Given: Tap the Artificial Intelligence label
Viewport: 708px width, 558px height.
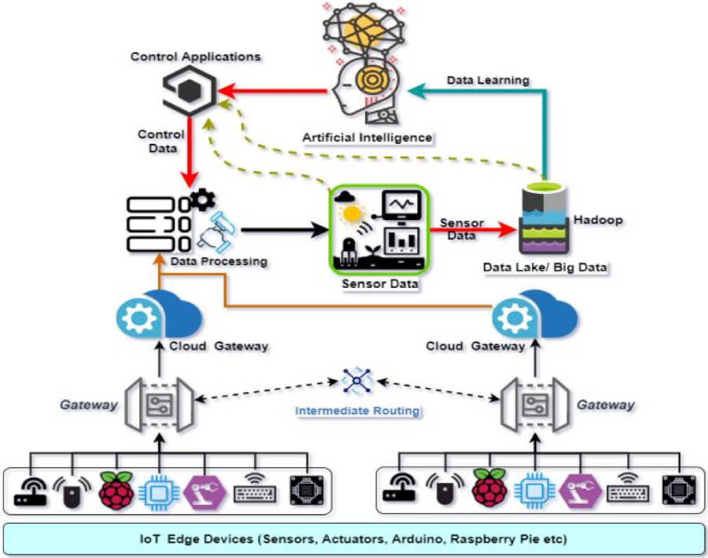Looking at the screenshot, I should click(368, 137).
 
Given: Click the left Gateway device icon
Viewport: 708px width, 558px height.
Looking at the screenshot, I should click(159, 405).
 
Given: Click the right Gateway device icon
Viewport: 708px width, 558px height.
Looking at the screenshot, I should click(535, 405).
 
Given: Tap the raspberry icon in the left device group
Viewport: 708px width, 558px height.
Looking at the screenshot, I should click(116, 490).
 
